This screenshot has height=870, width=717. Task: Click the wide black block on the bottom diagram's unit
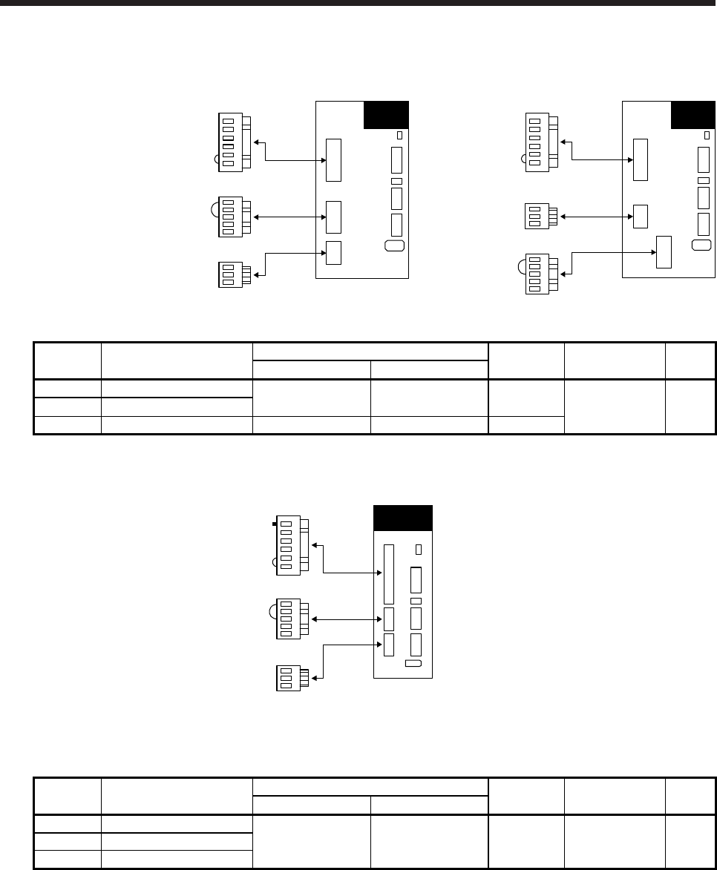(x=402, y=518)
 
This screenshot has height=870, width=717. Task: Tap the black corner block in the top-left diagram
(x=386, y=115)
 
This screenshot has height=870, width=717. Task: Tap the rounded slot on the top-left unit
(x=393, y=246)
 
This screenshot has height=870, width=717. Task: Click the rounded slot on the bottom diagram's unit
(x=413, y=662)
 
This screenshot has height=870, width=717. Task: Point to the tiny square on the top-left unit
(x=399, y=136)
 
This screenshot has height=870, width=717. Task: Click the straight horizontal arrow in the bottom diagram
(x=349, y=618)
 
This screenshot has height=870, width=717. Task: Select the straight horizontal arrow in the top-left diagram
(x=289, y=217)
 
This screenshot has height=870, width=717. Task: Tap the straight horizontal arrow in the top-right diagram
(x=597, y=217)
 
